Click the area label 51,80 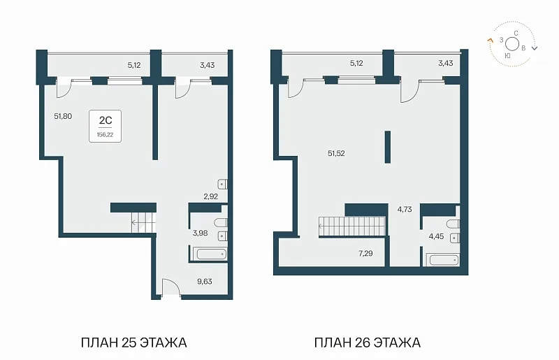tap(63, 116)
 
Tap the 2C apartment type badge tap(106, 126)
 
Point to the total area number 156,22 tap(106, 135)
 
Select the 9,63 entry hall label tap(205, 282)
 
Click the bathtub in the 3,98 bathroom tap(210, 254)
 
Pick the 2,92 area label tap(211, 196)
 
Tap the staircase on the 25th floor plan tap(144, 222)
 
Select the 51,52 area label tap(336, 153)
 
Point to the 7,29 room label tap(365, 253)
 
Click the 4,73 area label tap(405, 210)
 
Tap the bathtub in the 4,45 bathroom tap(444, 259)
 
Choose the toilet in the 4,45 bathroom tap(453, 224)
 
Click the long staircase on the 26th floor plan tap(352, 226)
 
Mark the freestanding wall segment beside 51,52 tap(388, 147)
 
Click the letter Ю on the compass tap(508, 55)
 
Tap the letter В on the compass tap(523, 48)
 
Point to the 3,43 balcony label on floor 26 tap(446, 63)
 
